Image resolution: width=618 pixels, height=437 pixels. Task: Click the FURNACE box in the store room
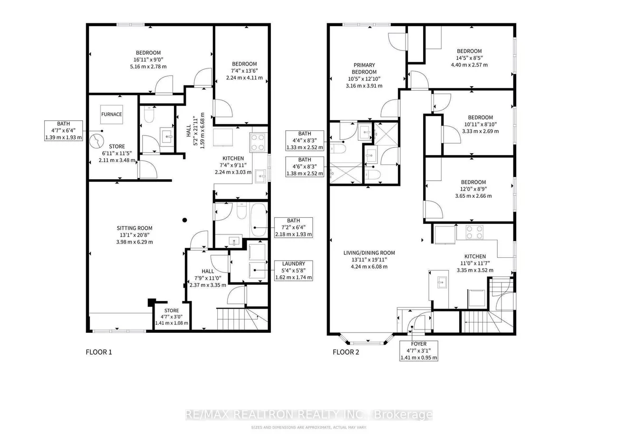tap(111, 114)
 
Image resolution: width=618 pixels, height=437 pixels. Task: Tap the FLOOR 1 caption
tap(99, 352)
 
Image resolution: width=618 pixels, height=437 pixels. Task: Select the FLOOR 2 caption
tap(346, 352)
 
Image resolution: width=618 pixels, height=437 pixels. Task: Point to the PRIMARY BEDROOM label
tap(364, 68)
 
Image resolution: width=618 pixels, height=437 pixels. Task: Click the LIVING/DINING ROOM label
tap(369, 252)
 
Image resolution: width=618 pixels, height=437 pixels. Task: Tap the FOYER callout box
tap(418, 350)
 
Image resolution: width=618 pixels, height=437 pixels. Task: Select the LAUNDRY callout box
tap(294, 271)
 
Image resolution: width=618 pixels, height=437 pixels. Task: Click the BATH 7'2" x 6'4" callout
tap(294, 227)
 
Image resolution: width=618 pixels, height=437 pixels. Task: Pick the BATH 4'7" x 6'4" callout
tap(63, 130)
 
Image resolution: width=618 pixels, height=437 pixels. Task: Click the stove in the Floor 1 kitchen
tap(258, 142)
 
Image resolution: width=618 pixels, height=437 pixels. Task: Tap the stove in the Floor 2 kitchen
tap(474, 232)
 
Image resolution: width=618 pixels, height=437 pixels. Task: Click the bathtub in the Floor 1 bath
tap(259, 220)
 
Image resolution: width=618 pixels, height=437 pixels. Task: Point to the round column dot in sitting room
tap(184, 220)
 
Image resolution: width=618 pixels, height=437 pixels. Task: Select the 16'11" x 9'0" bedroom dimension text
tap(148, 59)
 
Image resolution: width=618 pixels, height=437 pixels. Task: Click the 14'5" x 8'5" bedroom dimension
tap(469, 58)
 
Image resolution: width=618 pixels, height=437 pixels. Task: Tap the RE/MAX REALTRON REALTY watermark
tap(309, 414)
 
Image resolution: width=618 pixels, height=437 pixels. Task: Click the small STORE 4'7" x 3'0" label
tap(172, 317)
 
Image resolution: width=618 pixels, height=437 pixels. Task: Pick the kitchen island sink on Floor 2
tap(442, 282)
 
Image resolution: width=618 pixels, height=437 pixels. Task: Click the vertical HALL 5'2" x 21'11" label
tap(195, 130)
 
